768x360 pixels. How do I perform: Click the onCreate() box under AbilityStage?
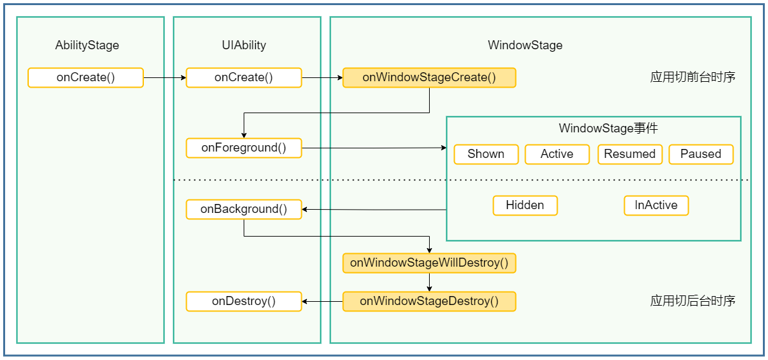coord(86,77)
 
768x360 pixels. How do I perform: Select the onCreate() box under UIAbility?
coord(244,77)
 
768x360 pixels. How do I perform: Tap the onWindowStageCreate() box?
coord(429,77)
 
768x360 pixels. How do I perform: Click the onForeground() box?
coord(244,148)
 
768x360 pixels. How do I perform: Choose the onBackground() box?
coord(244,209)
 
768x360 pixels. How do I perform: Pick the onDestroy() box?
coord(244,301)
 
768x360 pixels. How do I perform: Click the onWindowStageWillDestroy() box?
coord(429,263)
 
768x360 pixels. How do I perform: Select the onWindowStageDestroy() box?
coord(429,301)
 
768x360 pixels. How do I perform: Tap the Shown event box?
coord(486,154)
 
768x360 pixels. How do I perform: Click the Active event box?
coord(557,154)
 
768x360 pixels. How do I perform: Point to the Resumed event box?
coord(630,154)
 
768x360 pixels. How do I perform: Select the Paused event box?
coord(701,154)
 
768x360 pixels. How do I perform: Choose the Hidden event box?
coord(525,205)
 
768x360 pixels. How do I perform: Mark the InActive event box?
coord(656,205)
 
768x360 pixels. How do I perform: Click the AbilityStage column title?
coord(87,45)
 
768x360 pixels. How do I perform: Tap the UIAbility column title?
coord(244,45)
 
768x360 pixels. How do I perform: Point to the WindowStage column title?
coord(525,45)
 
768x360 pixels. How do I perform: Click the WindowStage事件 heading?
coord(608,129)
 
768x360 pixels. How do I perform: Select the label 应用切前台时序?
coord(693,77)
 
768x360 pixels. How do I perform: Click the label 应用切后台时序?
coord(693,301)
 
